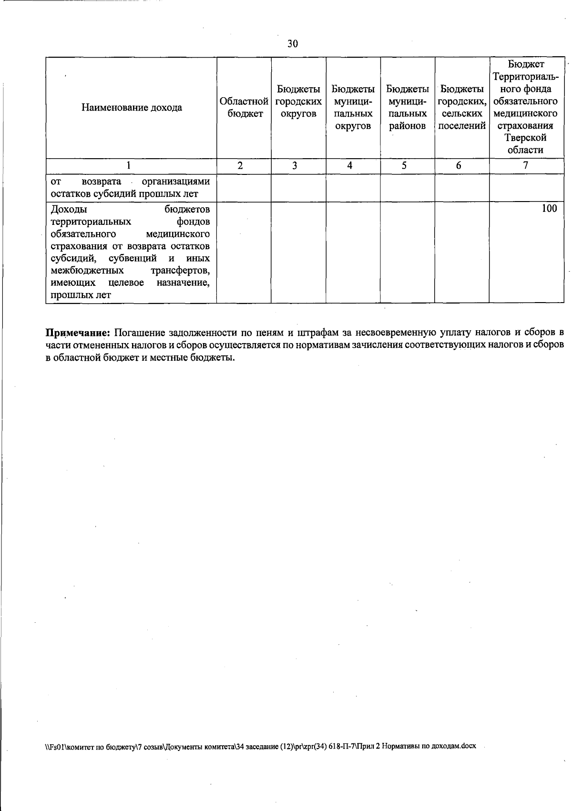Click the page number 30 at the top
292,44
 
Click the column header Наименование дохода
132,107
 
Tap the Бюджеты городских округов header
298,101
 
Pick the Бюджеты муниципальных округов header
353,107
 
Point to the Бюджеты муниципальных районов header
407,107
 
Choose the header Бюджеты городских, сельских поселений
461,107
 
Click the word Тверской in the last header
526,138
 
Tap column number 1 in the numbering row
128,166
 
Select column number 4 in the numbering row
350,166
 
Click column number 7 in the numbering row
525,165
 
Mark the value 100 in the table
549,209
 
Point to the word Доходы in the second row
68,209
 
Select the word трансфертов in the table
180,271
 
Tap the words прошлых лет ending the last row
81,295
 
